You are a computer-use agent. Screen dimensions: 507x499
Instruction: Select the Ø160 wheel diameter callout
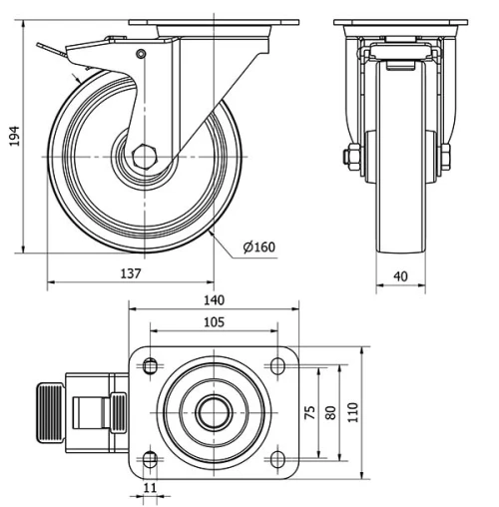click(x=258, y=248)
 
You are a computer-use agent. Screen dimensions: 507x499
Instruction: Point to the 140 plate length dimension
click(x=214, y=299)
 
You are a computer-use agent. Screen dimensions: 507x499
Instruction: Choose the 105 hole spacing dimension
click(x=213, y=321)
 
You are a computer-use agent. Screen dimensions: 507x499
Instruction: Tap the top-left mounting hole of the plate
click(x=150, y=367)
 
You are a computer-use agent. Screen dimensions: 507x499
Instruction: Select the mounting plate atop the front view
click(x=397, y=23)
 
